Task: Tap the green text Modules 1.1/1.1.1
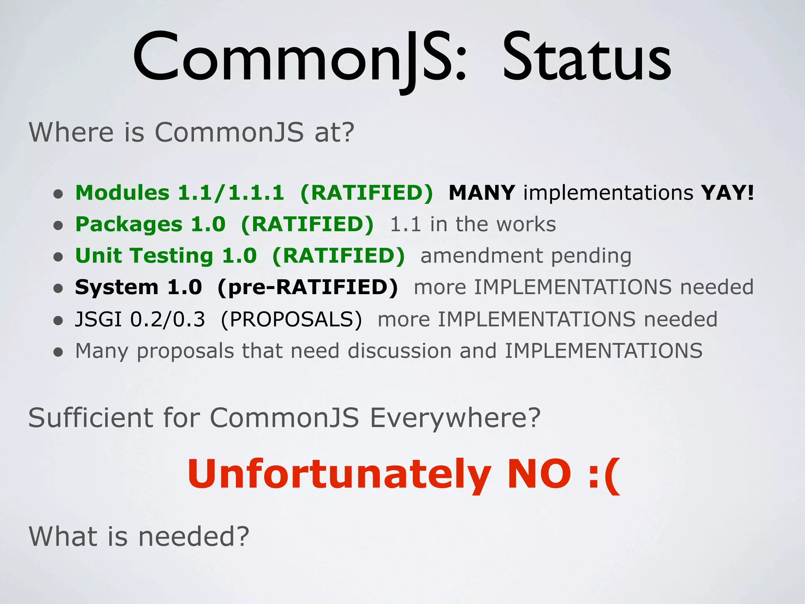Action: (180, 193)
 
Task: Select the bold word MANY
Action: (482, 193)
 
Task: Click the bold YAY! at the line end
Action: (728, 193)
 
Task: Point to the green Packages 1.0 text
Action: (150, 224)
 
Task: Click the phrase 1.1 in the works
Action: (473, 225)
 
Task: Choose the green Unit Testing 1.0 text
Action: (165, 256)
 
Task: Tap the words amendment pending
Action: (526, 256)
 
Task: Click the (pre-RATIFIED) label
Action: (307, 287)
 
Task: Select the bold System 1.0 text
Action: (138, 287)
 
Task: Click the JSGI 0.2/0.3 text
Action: (140, 319)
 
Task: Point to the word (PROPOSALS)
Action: (291, 319)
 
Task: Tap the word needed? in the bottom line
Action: (194, 536)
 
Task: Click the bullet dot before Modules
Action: (58, 194)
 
